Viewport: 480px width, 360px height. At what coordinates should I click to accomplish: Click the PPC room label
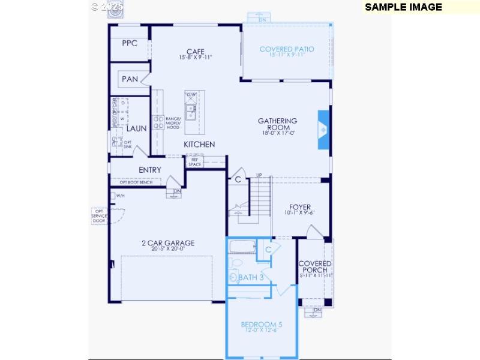[x=130, y=43]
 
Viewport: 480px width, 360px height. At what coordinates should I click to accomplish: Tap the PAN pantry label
[x=130, y=79]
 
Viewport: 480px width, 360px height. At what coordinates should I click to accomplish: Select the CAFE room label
[x=196, y=52]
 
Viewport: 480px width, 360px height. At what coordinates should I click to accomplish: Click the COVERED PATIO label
[x=286, y=49]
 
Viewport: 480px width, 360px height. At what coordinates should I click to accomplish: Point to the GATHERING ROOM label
[x=277, y=124]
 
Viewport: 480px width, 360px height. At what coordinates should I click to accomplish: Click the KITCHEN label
[x=199, y=145]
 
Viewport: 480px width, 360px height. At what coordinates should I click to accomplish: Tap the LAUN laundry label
[x=136, y=128]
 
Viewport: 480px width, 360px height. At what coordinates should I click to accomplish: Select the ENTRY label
[x=149, y=170]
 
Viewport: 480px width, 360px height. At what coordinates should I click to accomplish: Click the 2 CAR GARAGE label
[x=168, y=243]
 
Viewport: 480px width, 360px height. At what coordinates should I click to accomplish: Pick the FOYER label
[x=300, y=208]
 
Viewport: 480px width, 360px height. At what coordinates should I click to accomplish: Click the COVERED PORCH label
[x=315, y=267]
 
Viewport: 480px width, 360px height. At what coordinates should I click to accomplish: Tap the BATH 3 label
[x=251, y=277]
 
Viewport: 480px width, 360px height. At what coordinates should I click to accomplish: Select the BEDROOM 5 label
[x=262, y=325]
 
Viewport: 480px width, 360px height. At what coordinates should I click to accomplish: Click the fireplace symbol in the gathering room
[x=323, y=128]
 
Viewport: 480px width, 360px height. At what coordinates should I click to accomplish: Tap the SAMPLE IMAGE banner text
[x=403, y=7]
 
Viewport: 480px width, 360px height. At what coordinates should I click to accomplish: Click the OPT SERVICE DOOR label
[x=99, y=215]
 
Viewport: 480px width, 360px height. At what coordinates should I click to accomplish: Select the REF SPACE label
[x=195, y=162]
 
